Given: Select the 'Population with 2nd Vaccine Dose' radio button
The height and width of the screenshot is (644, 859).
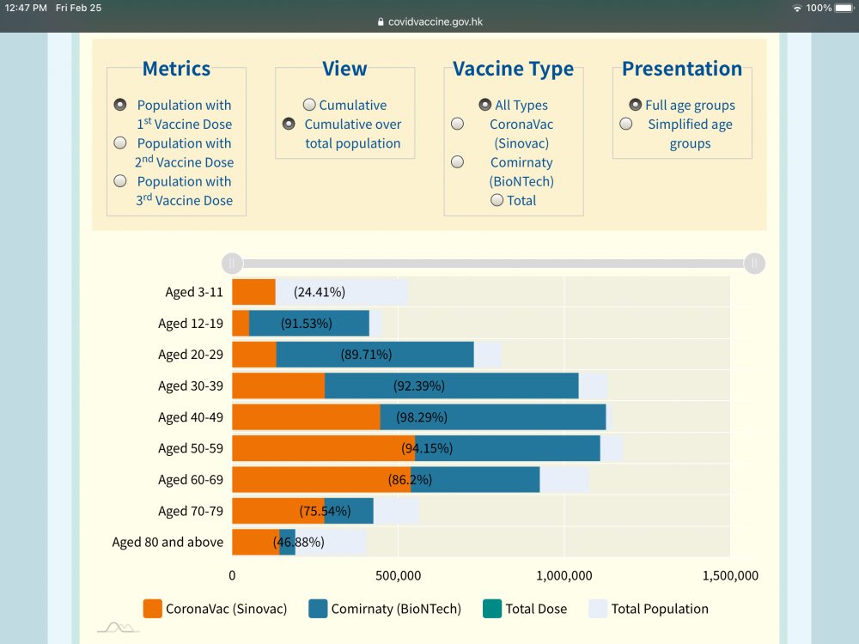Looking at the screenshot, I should [x=120, y=143].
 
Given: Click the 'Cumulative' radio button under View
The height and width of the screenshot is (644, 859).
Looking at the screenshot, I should [x=308, y=105].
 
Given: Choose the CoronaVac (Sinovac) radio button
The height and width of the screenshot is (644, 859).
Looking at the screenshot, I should [x=458, y=125].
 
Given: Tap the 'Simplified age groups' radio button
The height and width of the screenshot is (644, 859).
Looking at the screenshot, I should [x=626, y=125].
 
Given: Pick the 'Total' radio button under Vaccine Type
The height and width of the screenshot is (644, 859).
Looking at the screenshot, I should [x=497, y=200].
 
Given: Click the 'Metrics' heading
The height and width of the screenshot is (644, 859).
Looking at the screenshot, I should [x=176, y=69].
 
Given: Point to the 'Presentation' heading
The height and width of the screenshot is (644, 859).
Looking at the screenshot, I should [x=682, y=69].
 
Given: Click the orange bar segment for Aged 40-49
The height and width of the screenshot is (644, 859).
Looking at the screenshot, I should [x=306, y=417].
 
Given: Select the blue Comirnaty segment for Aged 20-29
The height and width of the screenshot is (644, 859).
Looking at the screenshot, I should [x=375, y=355].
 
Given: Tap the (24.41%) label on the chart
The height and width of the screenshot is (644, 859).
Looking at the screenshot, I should [x=320, y=292].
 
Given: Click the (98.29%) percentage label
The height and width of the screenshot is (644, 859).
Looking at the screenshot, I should [x=422, y=417].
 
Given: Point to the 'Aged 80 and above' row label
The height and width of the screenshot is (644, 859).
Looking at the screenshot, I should [x=168, y=542].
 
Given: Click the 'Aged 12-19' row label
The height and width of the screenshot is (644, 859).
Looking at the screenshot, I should [x=191, y=324].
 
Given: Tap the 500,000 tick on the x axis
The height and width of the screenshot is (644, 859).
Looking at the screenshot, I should [x=399, y=575].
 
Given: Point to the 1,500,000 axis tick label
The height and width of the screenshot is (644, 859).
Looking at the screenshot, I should [x=729, y=575].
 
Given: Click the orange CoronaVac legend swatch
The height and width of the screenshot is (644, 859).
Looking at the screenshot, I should [x=153, y=609].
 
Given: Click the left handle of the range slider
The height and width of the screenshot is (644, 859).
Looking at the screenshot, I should [x=232, y=264].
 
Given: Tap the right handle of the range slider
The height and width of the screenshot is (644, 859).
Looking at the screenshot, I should [x=754, y=264].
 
